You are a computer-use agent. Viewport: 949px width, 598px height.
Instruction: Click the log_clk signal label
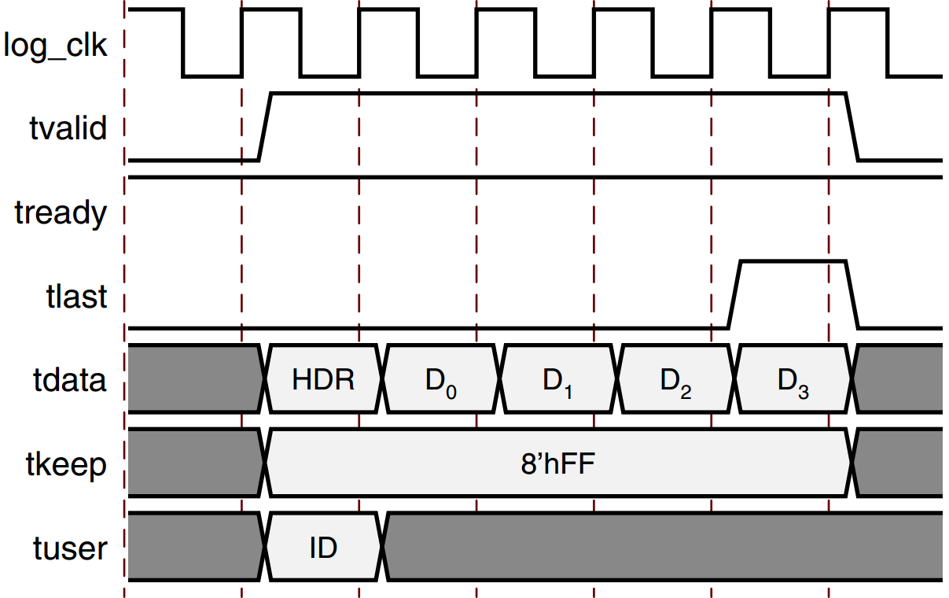coord(55,46)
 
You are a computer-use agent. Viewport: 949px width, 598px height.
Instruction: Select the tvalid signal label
coord(68,127)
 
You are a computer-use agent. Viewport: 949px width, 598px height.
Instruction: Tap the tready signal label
coord(61,212)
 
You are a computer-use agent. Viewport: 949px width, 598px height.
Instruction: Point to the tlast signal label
coord(77,297)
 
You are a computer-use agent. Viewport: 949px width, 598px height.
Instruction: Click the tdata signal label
coord(69,380)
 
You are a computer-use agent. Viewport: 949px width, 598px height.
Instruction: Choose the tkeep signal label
coord(67,464)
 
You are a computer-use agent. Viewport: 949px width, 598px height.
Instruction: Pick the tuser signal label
coord(70,548)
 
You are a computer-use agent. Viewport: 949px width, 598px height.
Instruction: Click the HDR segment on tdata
coord(323,380)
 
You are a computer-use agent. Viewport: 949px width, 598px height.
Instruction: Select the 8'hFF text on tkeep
coord(558,464)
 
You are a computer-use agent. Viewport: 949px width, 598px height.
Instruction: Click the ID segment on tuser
coord(323,548)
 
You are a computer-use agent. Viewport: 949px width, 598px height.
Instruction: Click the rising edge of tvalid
coord(265,127)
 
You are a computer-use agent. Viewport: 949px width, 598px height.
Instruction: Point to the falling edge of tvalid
coord(852,127)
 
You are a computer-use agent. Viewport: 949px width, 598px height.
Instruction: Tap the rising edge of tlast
coord(734,294)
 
